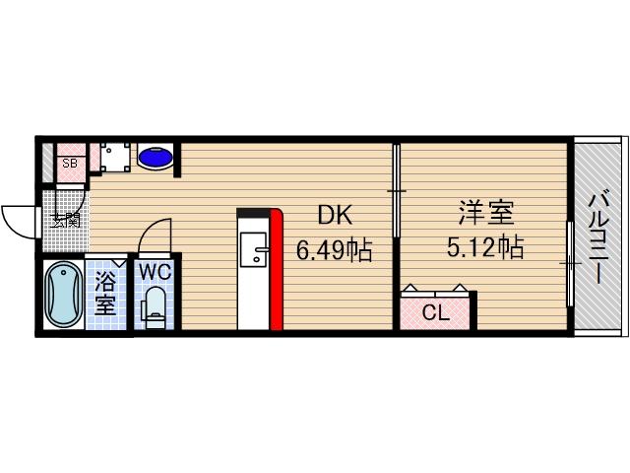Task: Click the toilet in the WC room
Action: (x=154, y=304)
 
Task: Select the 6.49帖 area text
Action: (x=334, y=251)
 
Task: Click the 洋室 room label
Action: (x=485, y=214)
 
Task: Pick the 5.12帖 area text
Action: (x=485, y=247)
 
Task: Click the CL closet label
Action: (x=436, y=314)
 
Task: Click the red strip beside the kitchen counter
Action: (x=277, y=270)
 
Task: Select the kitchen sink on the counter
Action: (x=254, y=252)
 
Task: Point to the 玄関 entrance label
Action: (x=65, y=220)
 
